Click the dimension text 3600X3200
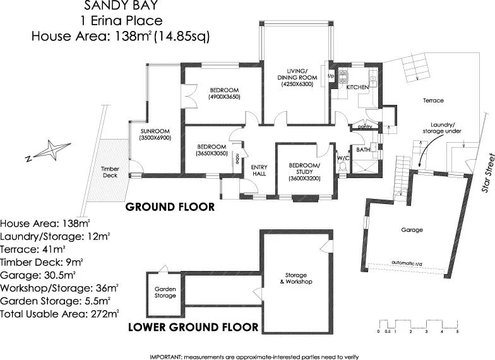(x=305, y=179)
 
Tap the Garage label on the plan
(x=412, y=230)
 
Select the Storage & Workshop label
(x=295, y=279)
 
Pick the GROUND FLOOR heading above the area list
(x=170, y=207)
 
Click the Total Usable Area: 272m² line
(x=59, y=313)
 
